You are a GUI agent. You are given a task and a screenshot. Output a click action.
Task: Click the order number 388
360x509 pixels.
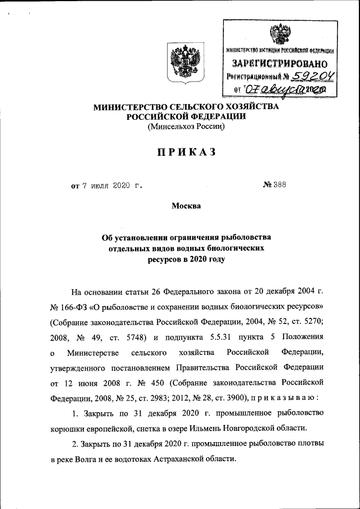coord(280,185)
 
